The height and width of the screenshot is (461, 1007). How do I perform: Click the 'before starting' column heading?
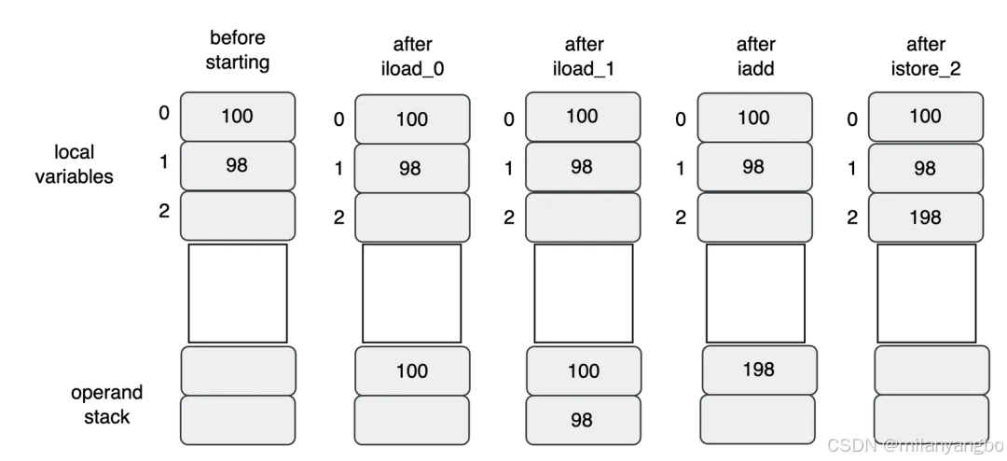point(238,49)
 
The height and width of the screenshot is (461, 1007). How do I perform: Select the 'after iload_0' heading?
point(412,57)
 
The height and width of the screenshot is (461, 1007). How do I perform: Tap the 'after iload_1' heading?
point(584,57)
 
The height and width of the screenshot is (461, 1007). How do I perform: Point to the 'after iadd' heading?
point(756,57)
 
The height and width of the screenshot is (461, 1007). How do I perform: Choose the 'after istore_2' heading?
point(926,57)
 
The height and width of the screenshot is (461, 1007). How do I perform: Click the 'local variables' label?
point(74,164)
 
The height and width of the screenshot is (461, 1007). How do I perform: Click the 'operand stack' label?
point(106,404)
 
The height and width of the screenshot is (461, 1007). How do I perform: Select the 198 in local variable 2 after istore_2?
point(926,217)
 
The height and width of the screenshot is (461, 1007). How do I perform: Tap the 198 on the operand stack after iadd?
point(758,370)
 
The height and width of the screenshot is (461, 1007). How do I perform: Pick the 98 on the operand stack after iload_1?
point(582,420)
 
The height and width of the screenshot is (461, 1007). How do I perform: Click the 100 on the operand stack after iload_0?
point(412,371)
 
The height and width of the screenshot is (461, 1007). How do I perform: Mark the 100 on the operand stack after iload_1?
point(584,371)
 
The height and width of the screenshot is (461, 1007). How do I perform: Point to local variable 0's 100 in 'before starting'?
point(237,117)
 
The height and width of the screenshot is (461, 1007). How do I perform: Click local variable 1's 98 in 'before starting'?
point(236,165)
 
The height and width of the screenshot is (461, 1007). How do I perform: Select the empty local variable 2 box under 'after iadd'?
point(754,217)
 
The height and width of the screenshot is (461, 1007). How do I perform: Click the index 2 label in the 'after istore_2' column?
point(852,217)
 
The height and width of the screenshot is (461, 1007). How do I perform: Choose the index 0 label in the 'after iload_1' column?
point(509,119)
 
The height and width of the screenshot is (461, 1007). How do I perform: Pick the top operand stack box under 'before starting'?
point(239,371)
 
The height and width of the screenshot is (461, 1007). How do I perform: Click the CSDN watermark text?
point(916,445)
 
